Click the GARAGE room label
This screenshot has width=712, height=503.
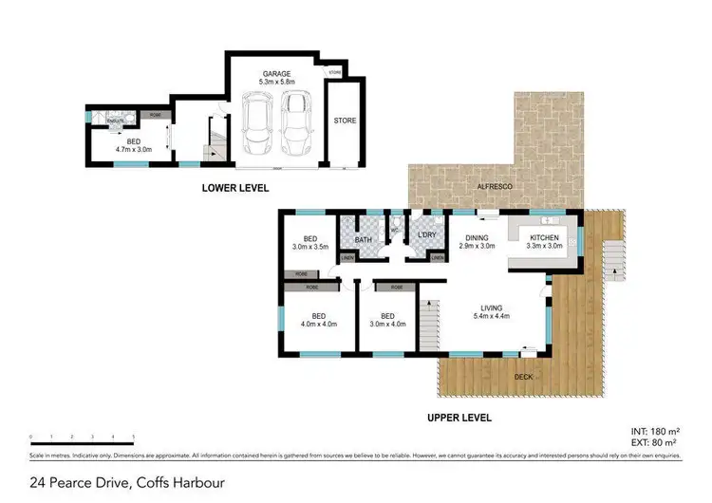pos(277,73)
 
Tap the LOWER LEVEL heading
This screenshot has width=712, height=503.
pos(235,188)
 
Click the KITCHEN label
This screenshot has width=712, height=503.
pos(545,236)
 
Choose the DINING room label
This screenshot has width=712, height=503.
pos(477,237)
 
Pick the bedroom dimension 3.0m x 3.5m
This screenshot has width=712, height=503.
pos(309,247)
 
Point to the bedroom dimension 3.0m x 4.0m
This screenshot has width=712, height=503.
pos(386,324)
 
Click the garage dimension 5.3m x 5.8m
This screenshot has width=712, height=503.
pos(277,83)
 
